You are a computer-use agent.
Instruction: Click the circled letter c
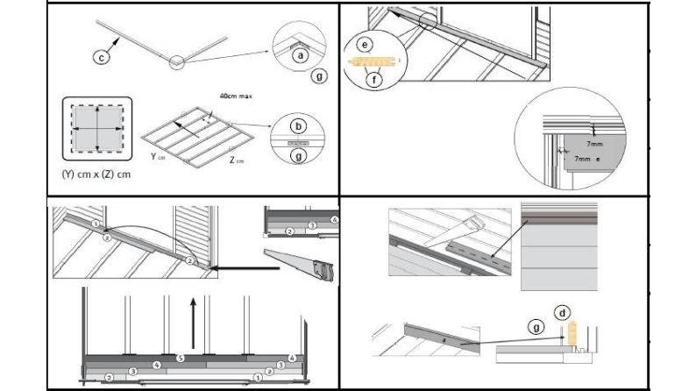tap(101, 57)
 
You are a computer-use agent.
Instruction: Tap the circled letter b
tap(299, 126)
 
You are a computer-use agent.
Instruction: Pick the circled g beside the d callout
tap(536, 326)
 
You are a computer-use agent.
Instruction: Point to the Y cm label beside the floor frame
tap(157, 158)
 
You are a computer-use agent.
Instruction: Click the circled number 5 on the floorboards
tap(180, 358)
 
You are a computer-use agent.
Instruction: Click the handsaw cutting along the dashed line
tap(470, 232)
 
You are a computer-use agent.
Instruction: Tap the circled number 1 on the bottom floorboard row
tap(257, 377)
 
